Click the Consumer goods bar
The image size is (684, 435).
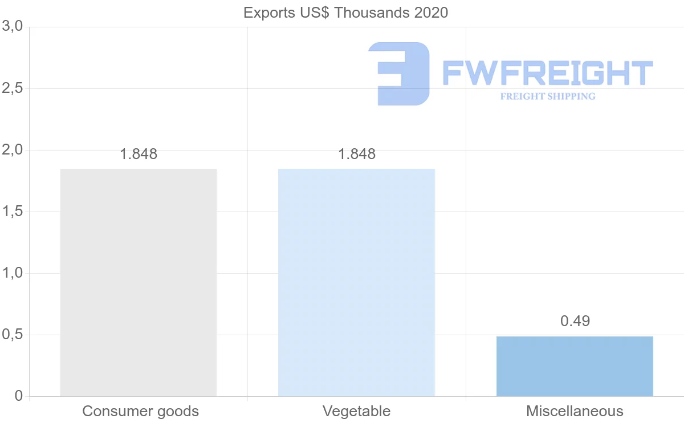(139, 282)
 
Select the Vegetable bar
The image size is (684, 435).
(356, 282)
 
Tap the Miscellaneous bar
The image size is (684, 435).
(575, 366)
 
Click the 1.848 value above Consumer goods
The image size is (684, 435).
(139, 154)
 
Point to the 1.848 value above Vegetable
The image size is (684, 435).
(357, 154)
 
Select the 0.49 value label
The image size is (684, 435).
(575, 321)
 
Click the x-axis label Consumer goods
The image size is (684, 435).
(140, 411)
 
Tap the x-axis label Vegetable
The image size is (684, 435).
(356, 411)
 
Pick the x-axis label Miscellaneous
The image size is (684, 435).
(575, 411)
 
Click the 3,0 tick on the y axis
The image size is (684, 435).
(12, 26)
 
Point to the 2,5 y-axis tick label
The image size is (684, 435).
(12, 88)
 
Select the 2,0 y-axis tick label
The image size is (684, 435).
(12, 150)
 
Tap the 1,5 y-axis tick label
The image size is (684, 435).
(12, 212)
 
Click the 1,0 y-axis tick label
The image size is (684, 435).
(12, 273)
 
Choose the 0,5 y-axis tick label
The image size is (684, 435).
(12, 335)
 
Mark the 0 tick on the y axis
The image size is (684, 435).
(18, 396)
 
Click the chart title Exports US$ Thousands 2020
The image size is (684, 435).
(346, 13)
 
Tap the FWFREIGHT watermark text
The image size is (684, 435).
(547, 74)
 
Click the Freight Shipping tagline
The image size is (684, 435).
(548, 96)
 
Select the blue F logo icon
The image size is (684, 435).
(399, 74)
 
